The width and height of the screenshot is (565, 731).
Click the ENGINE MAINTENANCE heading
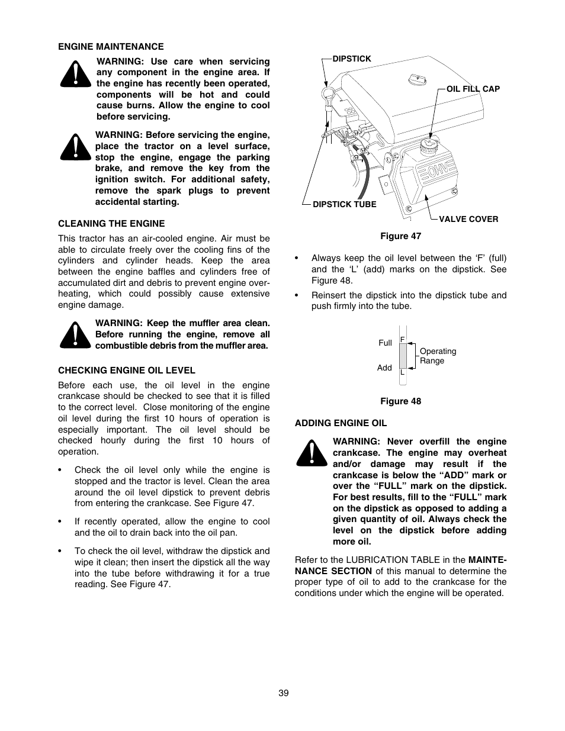tap(111, 46)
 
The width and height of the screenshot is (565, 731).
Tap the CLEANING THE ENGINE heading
tap(111, 224)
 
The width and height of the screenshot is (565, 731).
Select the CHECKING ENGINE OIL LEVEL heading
tap(126, 371)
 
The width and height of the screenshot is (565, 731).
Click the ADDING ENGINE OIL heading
tap(341, 423)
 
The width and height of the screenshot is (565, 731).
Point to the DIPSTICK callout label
tap(352, 59)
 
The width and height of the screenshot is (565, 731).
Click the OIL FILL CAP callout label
tap(473, 89)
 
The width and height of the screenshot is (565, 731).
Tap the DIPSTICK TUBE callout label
tap(344, 204)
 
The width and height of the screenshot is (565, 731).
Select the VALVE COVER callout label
tap(468, 219)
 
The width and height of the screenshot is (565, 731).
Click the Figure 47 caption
tap(400, 236)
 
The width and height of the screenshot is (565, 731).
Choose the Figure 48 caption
tap(400, 401)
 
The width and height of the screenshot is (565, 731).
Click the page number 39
tap(283, 693)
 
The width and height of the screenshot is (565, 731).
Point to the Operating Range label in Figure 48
tap(437, 356)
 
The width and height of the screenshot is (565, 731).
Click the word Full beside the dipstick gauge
tap(385, 343)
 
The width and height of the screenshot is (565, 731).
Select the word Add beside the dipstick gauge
tap(384, 368)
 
